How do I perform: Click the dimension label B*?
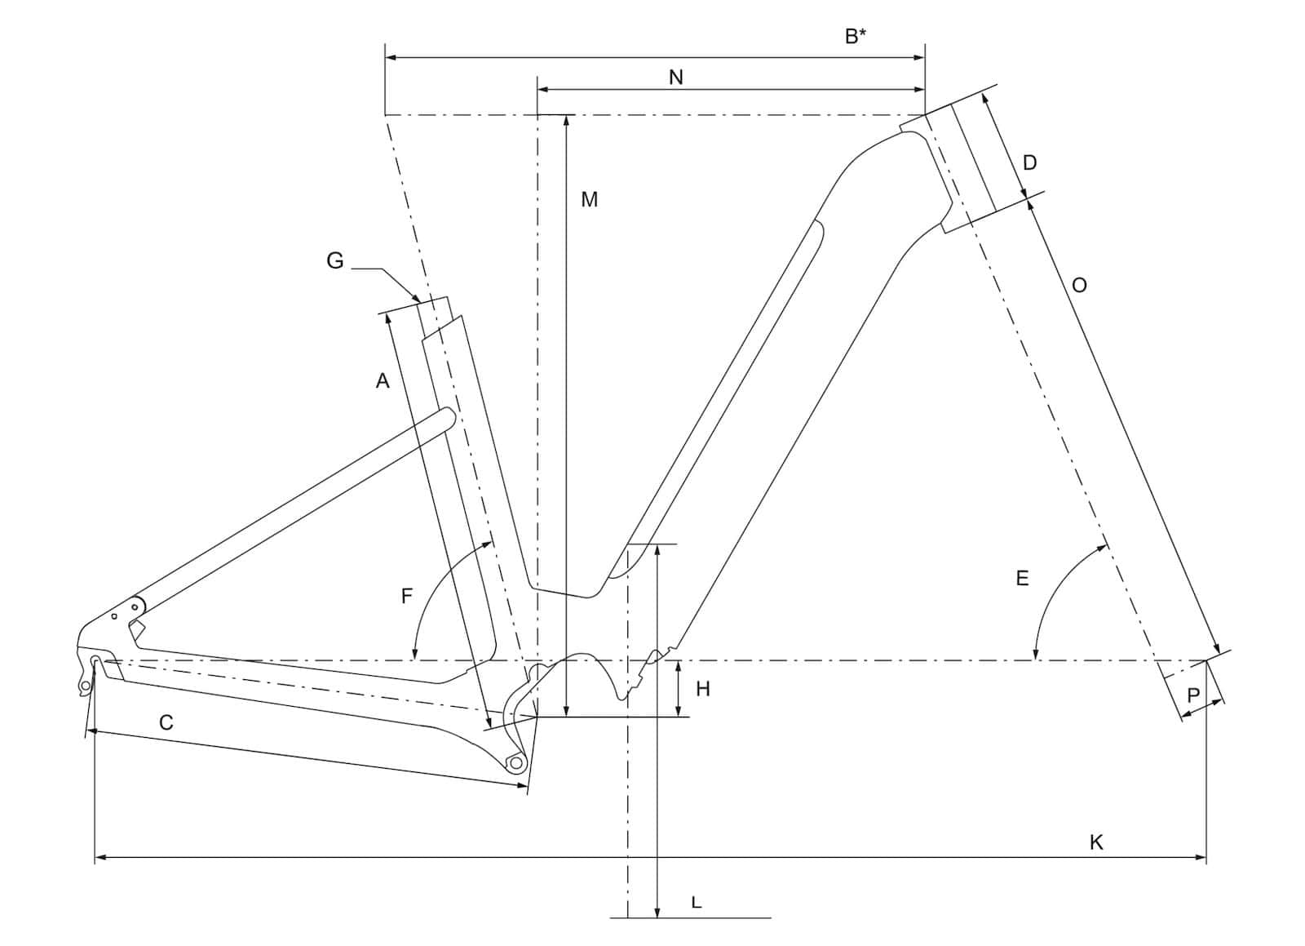click(x=856, y=36)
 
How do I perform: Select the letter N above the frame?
click(x=676, y=78)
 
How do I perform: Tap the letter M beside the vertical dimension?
click(x=590, y=200)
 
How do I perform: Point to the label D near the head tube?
click(x=1030, y=163)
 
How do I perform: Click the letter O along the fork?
click(x=1080, y=286)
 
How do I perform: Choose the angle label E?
click(x=1023, y=578)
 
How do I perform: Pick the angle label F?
click(x=407, y=596)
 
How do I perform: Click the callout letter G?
click(x=335, y=260)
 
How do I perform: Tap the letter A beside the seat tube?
click(x=383, y=380)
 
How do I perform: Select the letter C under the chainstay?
click(x=166, y=722)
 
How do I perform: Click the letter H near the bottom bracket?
click(x=703, y=690)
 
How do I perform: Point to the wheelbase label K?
click(x=1096, y=842)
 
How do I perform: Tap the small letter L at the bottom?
click(x=697, y=903)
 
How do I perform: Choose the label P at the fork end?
click(x=1193, y=695)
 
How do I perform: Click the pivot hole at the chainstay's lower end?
click(x=515, y=762)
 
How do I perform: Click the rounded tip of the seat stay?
click(x=449, y=415)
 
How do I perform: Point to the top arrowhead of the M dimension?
click(x=566, y=122)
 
